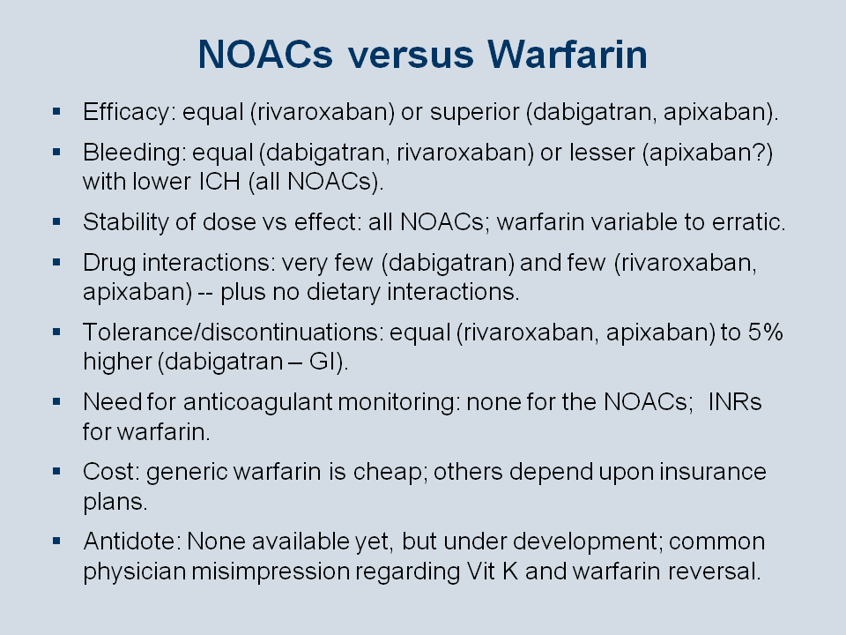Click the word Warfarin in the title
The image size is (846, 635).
(567, 55)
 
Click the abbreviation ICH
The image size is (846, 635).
(219, 182)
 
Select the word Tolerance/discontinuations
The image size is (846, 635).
(233, 332)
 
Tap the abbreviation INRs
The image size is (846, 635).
(735, 402)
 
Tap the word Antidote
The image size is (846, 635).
(132, 542)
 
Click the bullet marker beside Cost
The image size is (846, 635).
(56, 471)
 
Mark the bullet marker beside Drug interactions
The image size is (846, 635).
(56, 263)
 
